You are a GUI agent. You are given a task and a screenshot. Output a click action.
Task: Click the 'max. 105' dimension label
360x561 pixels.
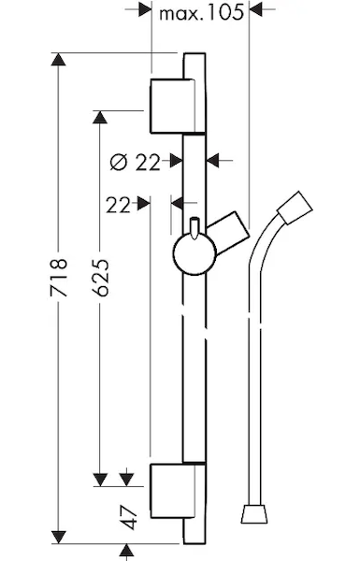pos(201,13)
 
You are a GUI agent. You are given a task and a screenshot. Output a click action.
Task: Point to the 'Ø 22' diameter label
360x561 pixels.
pos(135,163)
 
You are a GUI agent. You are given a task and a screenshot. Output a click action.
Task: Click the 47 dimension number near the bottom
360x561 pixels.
pos(129,517)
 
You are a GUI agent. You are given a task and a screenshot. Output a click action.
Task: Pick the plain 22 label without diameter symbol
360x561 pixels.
pos(118,206)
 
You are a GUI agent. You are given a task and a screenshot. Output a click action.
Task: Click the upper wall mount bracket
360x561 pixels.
pos(173,106)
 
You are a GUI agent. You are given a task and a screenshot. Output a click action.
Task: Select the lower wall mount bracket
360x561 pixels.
pos(173,491)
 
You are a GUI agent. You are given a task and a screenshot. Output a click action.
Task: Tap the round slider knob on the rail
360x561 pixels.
pos(194,254)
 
